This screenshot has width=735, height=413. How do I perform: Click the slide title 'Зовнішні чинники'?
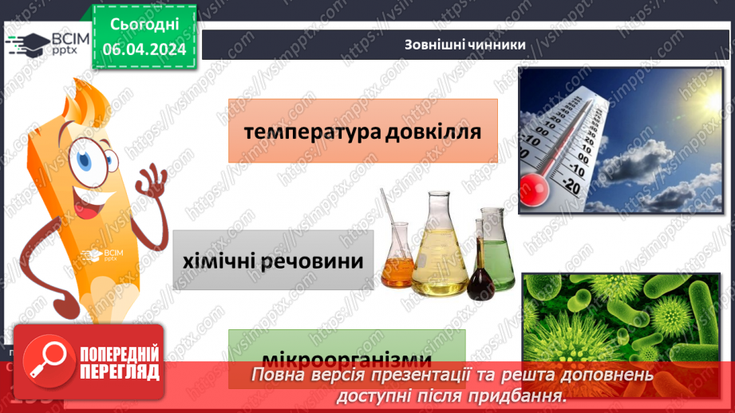click(x=465, y=45)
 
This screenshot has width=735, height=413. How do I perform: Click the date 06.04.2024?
click(x=144, y=48)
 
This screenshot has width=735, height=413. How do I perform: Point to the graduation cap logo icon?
click(x=29, y=45)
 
